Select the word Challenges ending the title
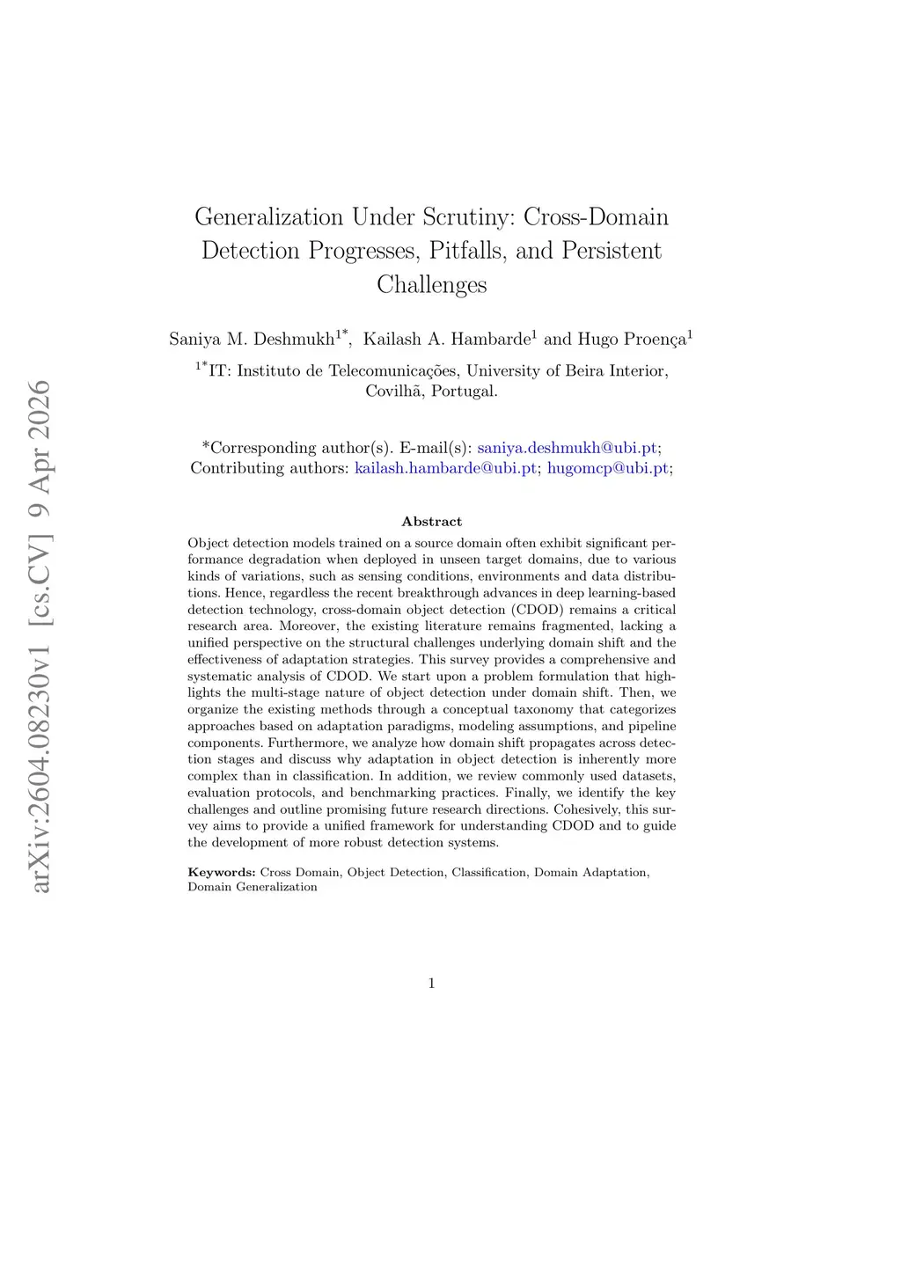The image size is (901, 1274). (431, 285)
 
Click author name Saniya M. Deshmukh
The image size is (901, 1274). (253, 339)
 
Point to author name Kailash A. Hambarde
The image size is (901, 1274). (446, 339)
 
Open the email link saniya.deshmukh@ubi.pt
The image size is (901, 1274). (567, 448)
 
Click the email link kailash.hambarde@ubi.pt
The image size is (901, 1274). (445, 468)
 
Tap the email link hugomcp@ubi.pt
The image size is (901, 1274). (607, 468)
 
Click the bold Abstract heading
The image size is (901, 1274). (431, 522)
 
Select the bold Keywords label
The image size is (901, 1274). (221, 873)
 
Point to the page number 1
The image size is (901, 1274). (431, 984)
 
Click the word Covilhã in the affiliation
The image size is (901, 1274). (394, 392)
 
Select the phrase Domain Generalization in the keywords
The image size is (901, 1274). (253, 887)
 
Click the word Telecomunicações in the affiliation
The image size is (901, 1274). (392, 371)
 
